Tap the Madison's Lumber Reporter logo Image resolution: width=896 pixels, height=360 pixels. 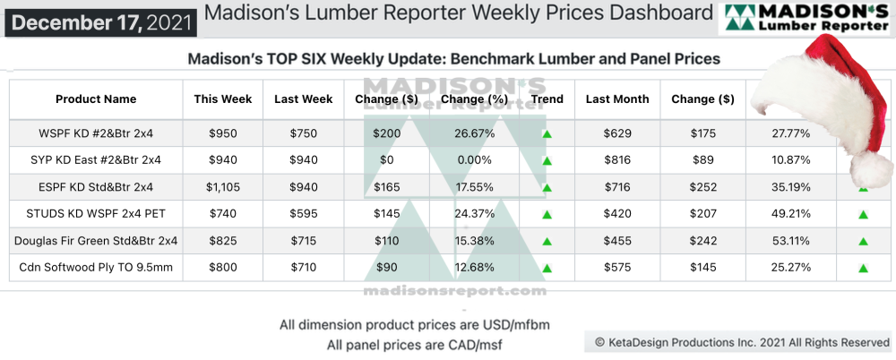[806, 18]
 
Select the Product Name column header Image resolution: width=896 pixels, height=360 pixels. [96, 99]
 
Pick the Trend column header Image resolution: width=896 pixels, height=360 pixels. [547, 99]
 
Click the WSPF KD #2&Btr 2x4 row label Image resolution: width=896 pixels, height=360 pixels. [96, 133]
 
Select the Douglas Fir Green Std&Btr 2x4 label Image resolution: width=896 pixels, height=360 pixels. [96, 241]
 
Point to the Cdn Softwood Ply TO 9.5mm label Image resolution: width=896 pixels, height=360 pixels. [96, 267]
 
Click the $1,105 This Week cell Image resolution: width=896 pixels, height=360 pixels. [223, 187]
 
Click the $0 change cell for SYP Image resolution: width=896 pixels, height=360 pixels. [387, 160]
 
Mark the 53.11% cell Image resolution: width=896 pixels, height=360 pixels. [790, 241]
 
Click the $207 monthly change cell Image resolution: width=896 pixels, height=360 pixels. [702, 214]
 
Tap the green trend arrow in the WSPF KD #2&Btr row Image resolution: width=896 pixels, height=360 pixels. [546, 134]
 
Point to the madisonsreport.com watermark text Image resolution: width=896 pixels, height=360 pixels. [454, 291]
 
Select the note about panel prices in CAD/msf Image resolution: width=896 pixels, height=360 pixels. [392, 344]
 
